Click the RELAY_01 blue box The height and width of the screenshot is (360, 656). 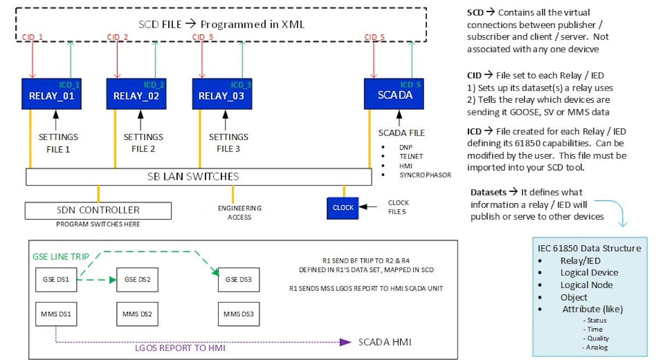tap(51, 94)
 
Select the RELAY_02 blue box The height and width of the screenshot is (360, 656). tap(136, 94)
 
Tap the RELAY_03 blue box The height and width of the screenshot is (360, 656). tap(221, 94)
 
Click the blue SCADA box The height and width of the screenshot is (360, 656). tap(394, 94)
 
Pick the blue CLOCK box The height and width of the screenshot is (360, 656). tap(343, 208)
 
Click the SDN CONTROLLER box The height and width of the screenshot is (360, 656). tap(98, 210)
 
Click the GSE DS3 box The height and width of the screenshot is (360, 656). tap(238, 280)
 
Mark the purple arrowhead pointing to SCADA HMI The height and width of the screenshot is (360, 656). tap(344, 343)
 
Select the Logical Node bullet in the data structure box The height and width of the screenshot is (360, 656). tap(586, 285)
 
